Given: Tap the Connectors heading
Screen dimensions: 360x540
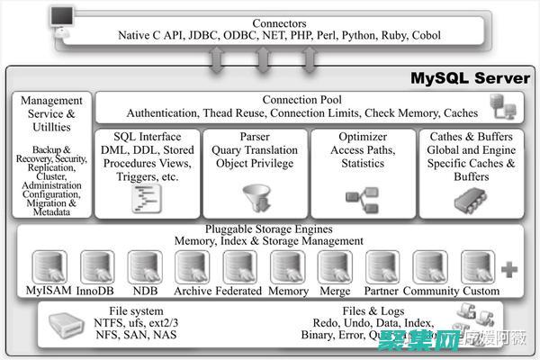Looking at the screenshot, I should [x=279, y=22].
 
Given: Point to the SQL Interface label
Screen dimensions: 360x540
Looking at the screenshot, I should [x=148, y=135].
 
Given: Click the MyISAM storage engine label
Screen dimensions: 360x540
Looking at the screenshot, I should [x=49, y=291].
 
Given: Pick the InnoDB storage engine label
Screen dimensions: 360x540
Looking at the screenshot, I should [x=96, y=291].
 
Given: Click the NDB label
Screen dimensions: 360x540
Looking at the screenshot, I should [x=144, y=291].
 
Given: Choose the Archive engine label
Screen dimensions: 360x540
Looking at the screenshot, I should [x=192, y=291].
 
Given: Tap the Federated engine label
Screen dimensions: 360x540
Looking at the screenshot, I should [x=240, y=291].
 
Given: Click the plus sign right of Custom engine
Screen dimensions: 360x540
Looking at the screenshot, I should [x=509, y=268].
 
